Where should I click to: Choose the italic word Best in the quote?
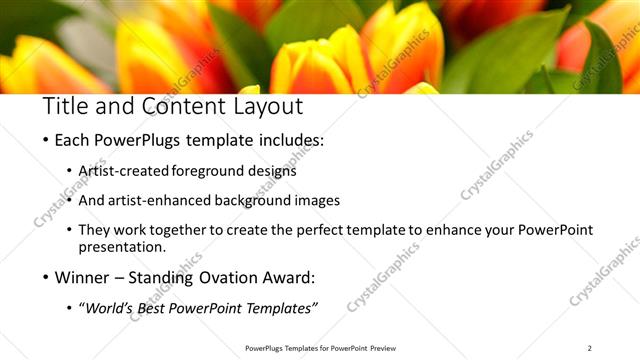pos(161,308)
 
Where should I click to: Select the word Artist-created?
pos(124,171)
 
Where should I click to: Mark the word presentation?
pos(122,246)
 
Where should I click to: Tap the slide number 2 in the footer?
pos(589,348)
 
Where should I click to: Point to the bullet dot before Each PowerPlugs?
pos(46,141)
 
